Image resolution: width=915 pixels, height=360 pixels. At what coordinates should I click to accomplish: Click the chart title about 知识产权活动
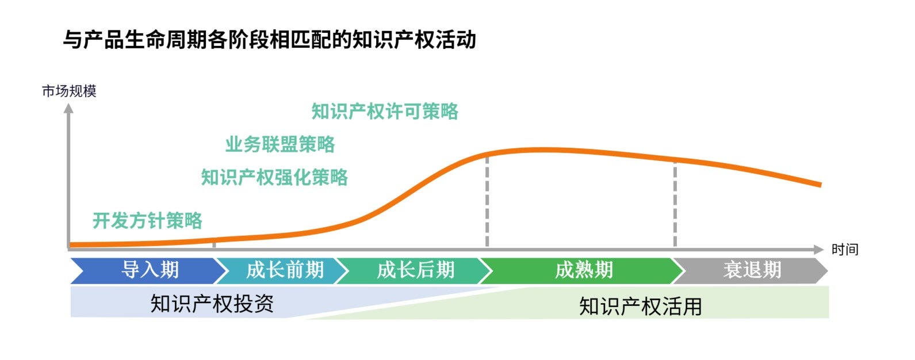click(270, 40)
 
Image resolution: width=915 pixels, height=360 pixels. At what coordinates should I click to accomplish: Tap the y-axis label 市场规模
click(69, 91)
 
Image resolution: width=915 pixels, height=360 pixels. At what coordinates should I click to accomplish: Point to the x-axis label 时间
click(845, 249)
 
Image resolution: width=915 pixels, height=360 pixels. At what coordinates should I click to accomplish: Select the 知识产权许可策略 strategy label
click(385, 111)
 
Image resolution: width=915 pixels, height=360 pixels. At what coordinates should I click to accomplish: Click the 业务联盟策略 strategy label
click(280, 144)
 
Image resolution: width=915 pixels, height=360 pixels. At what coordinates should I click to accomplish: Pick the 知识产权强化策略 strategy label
click(274, 177)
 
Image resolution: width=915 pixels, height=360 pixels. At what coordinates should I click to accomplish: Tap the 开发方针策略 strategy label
click(147, 221)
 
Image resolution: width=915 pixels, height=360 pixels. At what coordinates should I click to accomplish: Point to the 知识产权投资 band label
click(212, 304)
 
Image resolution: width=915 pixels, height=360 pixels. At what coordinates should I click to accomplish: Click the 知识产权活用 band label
click(641, 307)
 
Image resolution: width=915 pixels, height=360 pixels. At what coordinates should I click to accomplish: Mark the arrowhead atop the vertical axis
click(68, 108)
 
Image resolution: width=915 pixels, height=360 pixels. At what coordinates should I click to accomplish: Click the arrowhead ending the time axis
click(818, 249)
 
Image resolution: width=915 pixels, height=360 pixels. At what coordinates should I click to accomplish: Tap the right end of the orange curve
click(821, 185)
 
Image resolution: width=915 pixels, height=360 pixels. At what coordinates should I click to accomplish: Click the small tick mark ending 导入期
click(214, 244)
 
